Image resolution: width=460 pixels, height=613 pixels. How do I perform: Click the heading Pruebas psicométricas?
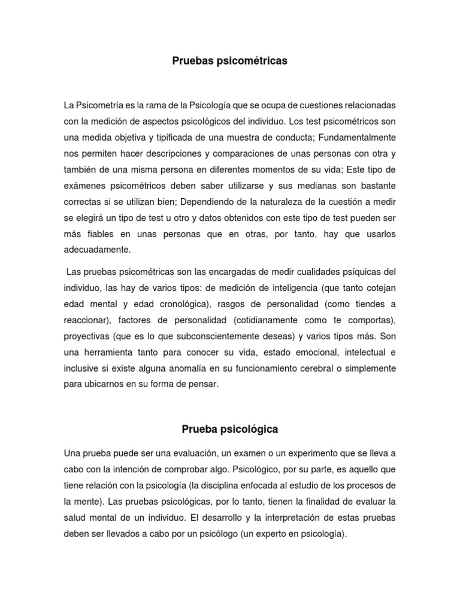[230, 60]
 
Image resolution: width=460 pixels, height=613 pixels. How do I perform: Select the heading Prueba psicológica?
[230, 429]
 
